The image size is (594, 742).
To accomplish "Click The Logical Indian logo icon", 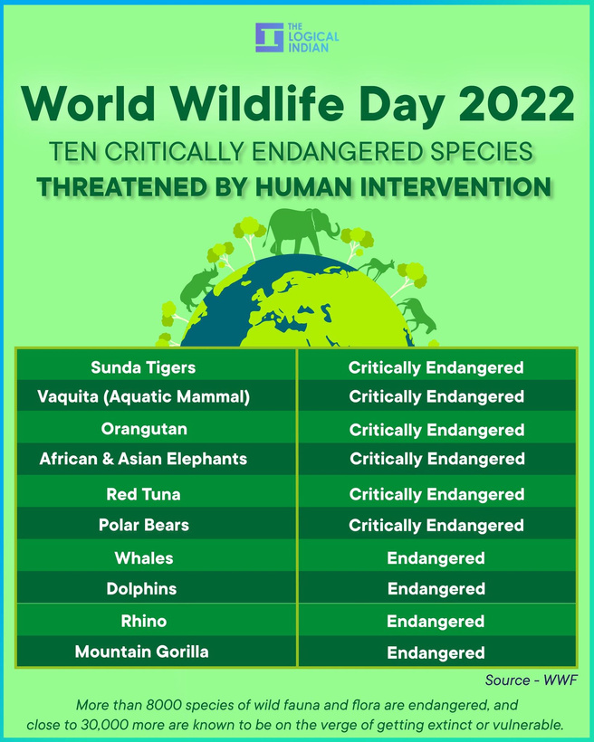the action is pyautogui.click(x=269, y=37).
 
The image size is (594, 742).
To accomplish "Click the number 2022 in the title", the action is pyautogui.click(x=516, y=104).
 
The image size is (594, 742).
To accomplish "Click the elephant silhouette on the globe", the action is pyautogui.click(x=302, y=232).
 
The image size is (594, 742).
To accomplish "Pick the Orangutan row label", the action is pyautogui.click(x=144, y=429).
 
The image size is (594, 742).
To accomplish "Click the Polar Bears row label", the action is pyautogui.click(x=144, y=525).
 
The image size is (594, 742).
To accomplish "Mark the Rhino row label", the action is pyautogui.click(x=144, y=621).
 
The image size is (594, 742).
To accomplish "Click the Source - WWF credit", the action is pyautogui.click(x=531, y=680).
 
